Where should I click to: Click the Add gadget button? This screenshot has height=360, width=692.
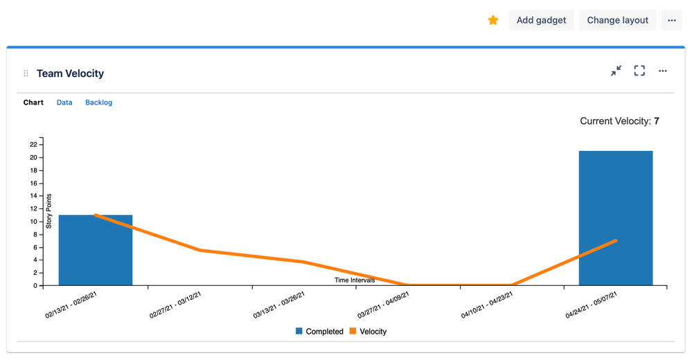coord(541,20)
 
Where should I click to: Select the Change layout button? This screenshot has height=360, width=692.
coord(617,20)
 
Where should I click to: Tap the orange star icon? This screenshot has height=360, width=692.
coord(493,20)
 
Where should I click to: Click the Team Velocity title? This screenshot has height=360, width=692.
coord(70,73)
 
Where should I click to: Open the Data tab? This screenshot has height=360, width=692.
coord(64,102)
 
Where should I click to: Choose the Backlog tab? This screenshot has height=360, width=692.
coord(98,102)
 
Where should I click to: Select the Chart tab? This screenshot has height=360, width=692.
coord(33,102)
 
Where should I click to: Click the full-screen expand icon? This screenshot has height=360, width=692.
coord(639,71)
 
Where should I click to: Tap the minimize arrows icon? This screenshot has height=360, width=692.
coord(616,71)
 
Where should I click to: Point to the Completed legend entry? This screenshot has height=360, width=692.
coord(319,332)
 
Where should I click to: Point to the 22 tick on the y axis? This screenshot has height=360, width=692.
coord(33,144)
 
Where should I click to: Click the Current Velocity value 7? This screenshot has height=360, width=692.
coord(656,121)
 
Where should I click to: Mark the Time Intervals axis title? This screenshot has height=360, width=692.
coord(355,280)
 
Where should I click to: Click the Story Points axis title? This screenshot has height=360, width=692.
coord(49,212)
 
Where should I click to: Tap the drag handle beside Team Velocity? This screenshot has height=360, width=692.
coord(26,73)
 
